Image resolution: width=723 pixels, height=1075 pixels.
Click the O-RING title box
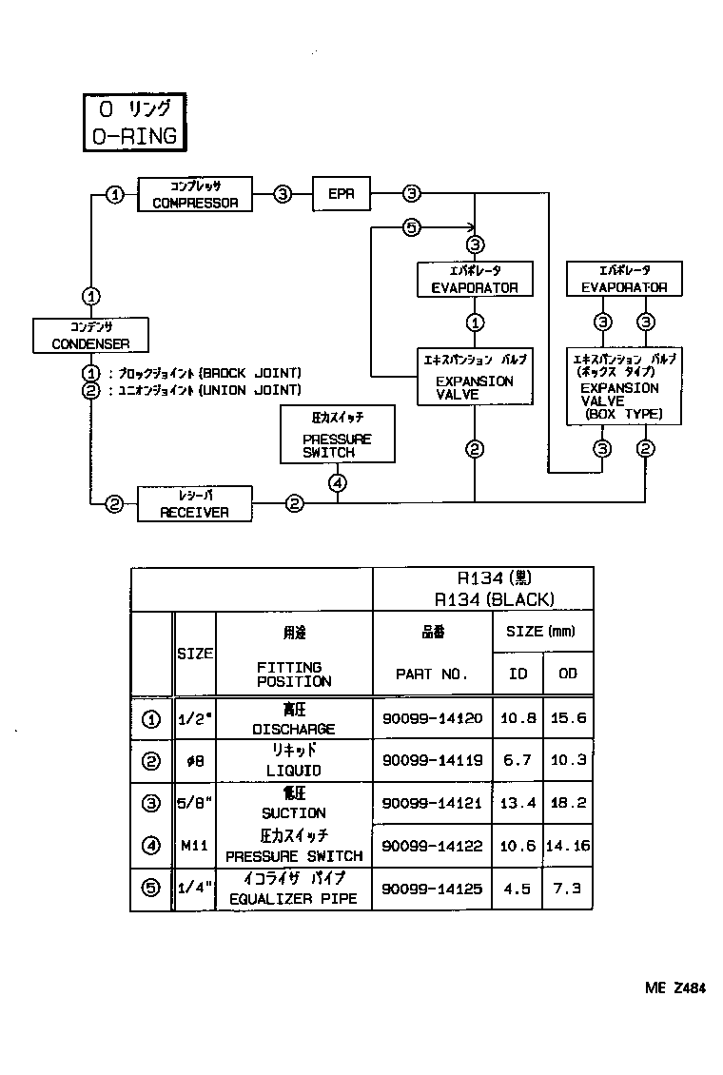tap(132, 122)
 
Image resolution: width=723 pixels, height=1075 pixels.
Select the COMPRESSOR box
tap(195, 194)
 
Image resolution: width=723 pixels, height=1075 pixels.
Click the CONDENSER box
tap(90, 335)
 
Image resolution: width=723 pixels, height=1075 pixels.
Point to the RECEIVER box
tap(194, 503)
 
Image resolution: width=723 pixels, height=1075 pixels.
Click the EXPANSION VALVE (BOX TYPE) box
tap(623, 387)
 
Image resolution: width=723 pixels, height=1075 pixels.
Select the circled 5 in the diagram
tap(411, 227)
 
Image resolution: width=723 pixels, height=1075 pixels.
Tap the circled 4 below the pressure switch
tap(338, 483)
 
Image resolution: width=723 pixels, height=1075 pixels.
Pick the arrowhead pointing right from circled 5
tap(469, 227)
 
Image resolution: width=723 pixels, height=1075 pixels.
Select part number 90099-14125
tap(432, 889)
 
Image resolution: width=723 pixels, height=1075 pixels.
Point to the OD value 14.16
tap(568, 846)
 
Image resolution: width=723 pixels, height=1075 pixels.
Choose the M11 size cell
tap(194, 845)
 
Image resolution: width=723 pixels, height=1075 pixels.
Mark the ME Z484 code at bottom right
tap(674, 988)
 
